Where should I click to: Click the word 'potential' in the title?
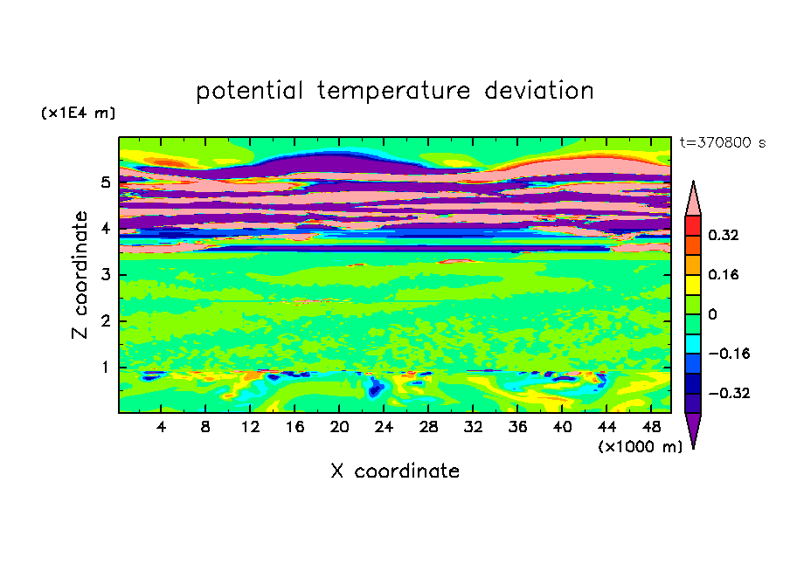[x=249, y=92]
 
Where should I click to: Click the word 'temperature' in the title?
[x=393, y=92]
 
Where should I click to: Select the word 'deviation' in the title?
[x=539, y=91]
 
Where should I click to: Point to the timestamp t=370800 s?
[x=723, y=143]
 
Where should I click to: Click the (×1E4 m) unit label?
[x=78, y=113]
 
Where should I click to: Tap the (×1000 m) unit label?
[x=640, y=447]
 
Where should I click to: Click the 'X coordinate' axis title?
[x=395, y=471]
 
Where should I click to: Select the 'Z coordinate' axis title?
[x=80, y=275]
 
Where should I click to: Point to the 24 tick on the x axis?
[x=384, y=428]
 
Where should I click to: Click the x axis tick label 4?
[x=161, y=428]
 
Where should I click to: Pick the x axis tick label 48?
[x=651, y=428]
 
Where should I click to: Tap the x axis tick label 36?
[x=517, y=428]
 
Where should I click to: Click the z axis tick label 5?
[x=105, y=182]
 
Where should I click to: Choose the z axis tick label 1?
[x=105, y=368]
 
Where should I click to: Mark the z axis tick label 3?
[x=105, y=275]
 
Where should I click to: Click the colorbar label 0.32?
[x=724, y=235]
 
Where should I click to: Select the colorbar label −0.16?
[x=729, y=354]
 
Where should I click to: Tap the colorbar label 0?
[x=712, y=314]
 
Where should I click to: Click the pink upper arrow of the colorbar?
[x=693, y=199]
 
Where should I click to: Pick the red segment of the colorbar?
[x=693, y=225]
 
